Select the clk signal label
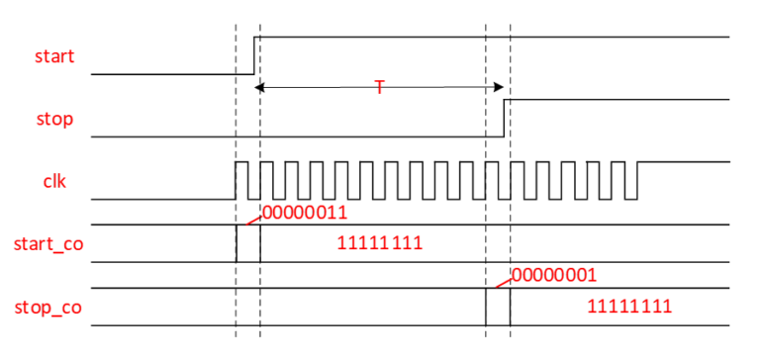(54, 182)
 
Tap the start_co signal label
(47, 243)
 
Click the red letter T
(379, 88)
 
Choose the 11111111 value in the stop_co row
(629, 307)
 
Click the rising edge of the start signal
(255, 54)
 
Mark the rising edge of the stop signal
(505, 117)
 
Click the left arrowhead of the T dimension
(260, 88)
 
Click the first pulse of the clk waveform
(240, 180)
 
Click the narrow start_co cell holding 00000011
(248, 243)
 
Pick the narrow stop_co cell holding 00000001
(498, 307)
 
